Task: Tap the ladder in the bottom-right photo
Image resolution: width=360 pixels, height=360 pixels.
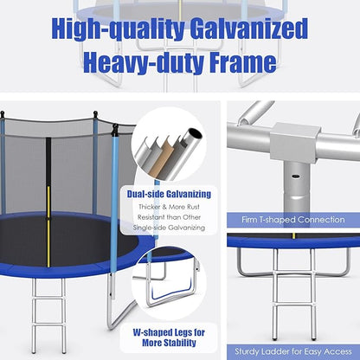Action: (x=293, y=294)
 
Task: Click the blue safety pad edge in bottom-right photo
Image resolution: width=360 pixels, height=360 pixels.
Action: (x=293, y=241)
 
